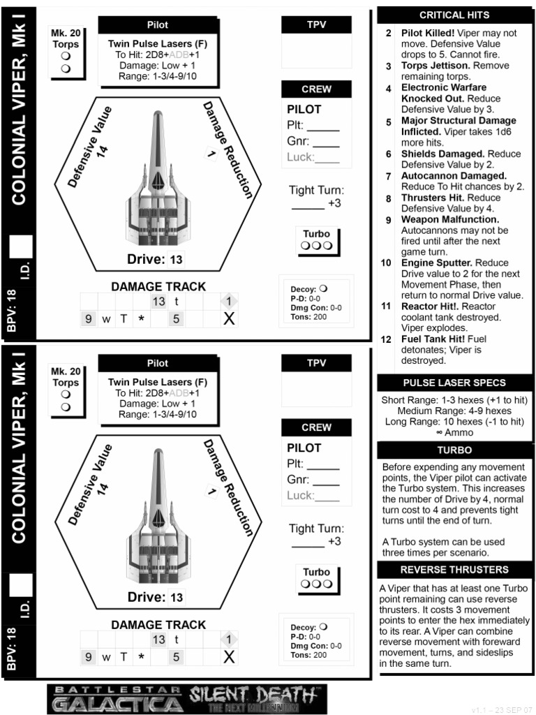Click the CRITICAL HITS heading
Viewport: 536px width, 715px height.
pos(454,15)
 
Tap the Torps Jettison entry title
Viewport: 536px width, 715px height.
pos(435,66)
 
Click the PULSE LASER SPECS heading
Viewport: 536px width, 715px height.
pos(454,383)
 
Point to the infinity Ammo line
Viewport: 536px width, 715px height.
pos(454,433)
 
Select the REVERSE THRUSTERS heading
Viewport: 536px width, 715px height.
pos(454,570)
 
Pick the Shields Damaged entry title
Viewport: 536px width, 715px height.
pos(442,154)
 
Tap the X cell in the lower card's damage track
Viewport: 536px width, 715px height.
pos(228,657)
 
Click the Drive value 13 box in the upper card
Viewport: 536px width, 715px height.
pos(176,260)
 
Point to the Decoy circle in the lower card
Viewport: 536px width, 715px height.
pos(323,627)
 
